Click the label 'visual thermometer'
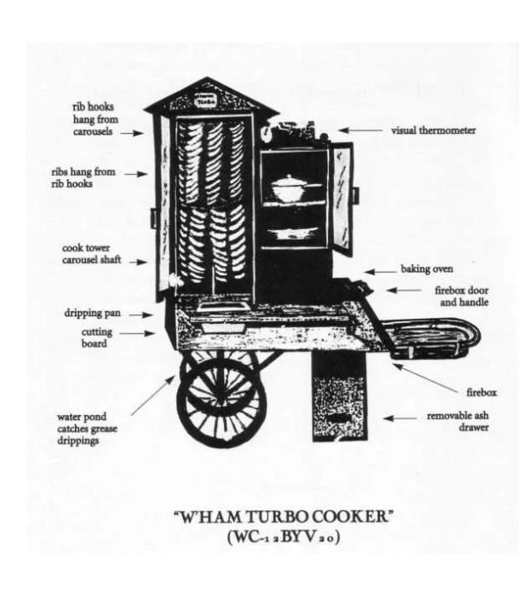433,131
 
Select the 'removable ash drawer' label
457,422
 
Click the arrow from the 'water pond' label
148,396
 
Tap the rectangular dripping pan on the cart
221,310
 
